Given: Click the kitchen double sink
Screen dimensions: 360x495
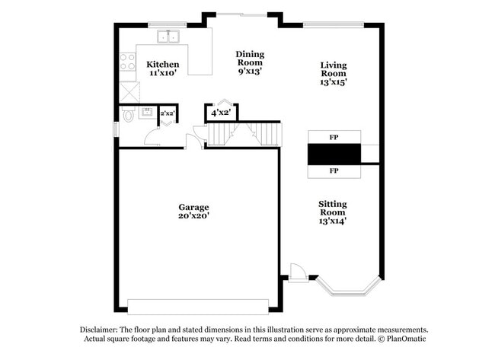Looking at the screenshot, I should coord(168,36).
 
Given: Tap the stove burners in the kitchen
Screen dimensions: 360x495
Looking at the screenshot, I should coord(127,61).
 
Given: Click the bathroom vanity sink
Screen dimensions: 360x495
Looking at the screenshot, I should coord(148,112).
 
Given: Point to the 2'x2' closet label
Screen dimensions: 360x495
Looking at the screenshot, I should coord(167,113).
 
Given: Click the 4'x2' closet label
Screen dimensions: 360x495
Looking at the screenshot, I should coord(222,113).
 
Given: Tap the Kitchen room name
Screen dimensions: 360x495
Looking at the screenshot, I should coord(163,64).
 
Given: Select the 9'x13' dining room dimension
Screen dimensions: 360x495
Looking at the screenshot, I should coord(250,71).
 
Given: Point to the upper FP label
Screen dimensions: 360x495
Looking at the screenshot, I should coord(334,138).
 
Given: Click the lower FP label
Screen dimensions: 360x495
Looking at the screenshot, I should coord(334,171).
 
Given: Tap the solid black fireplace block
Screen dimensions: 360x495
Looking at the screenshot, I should coord(334,155).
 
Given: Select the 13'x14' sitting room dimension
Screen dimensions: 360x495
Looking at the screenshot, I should coord(333,221).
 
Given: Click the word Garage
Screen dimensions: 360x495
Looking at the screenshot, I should coord(193,207).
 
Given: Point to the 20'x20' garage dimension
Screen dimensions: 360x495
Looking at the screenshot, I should coord(193,216).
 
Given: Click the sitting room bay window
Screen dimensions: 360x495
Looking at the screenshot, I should coord(346,288).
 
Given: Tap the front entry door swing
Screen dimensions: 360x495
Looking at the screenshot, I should coord(299,272).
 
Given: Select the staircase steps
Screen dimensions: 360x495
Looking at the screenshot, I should coord(244,135).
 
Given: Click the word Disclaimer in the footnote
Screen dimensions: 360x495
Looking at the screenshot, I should coord(103,330).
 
